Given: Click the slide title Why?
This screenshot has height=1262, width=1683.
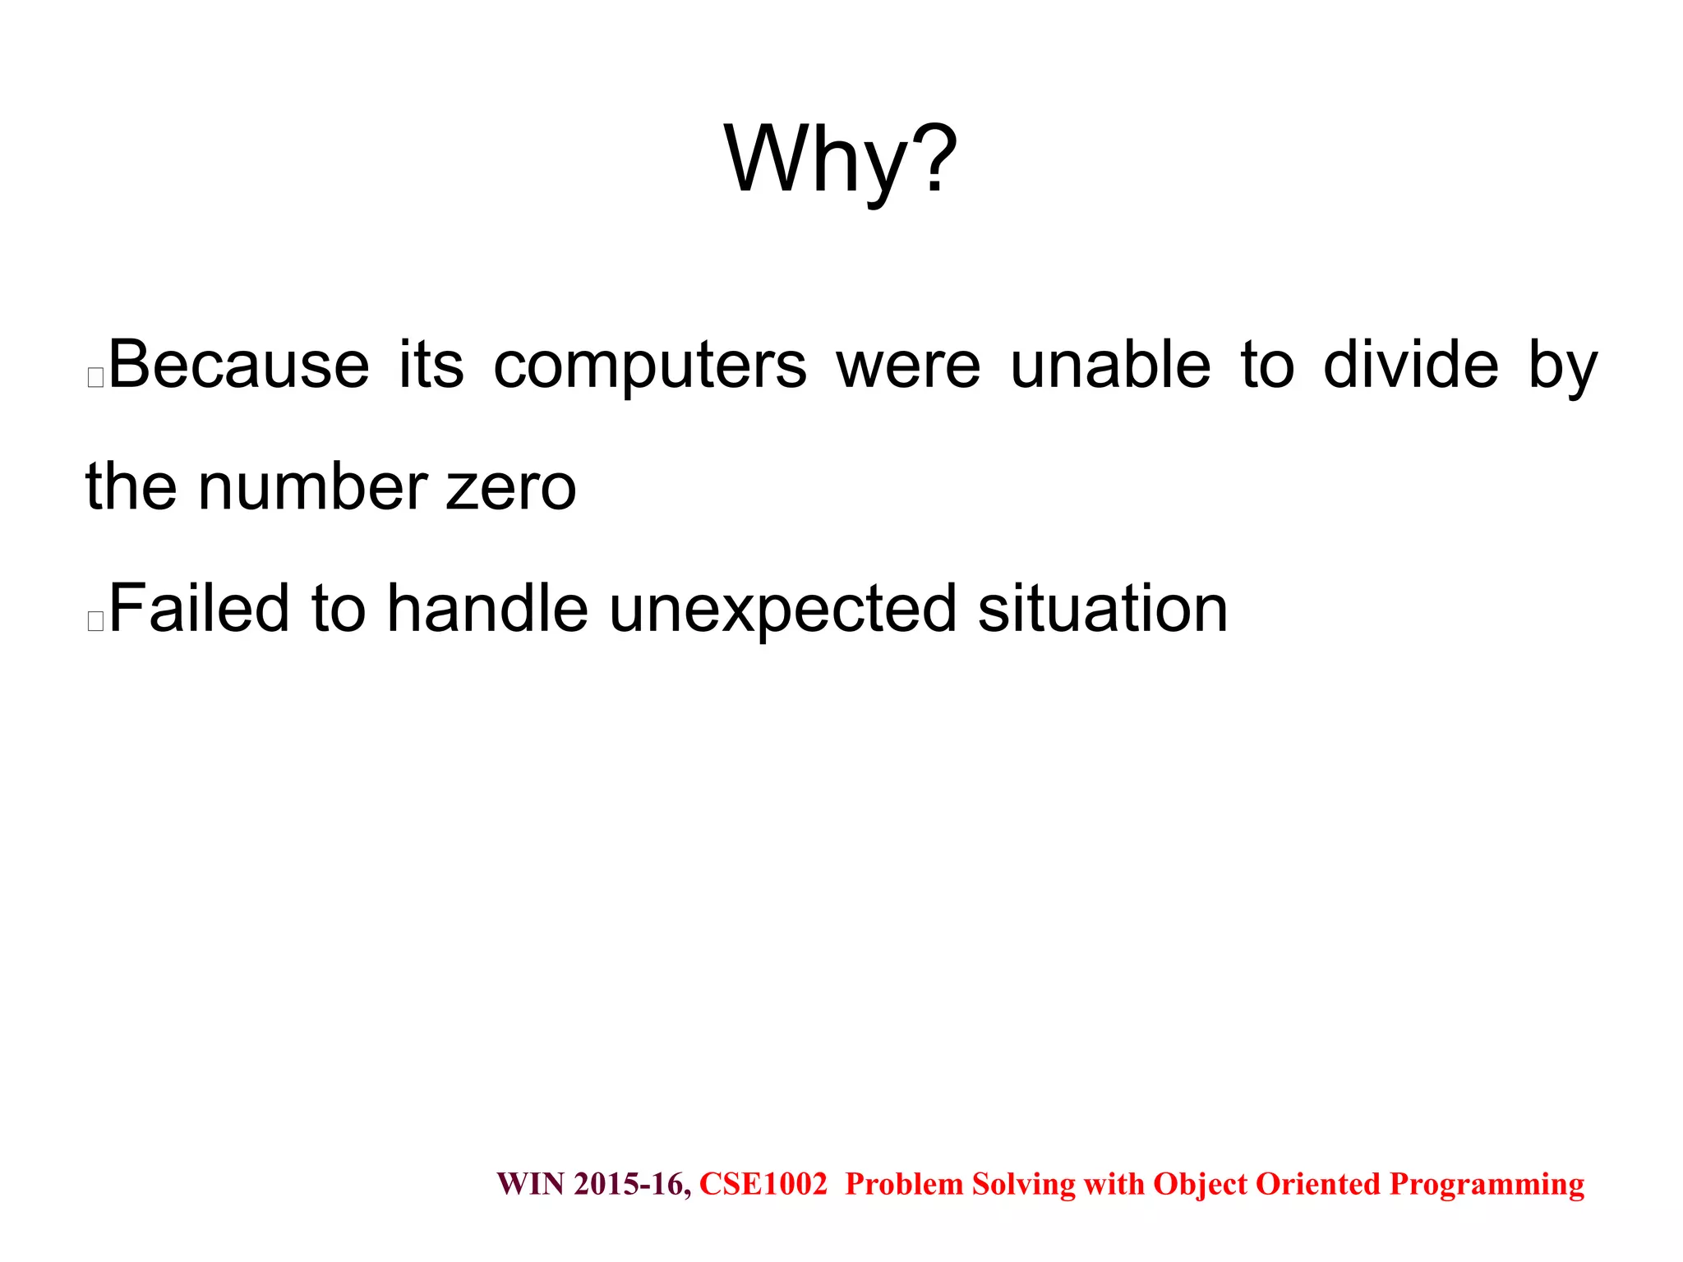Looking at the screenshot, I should pos(840,160).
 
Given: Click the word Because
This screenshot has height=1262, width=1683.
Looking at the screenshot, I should pos(239,365).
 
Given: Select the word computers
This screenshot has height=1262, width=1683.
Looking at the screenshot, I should pos(650,366).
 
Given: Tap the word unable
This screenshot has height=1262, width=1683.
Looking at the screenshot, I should pos(1110,365).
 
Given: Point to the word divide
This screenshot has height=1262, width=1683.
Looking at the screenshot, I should pos(1411,365).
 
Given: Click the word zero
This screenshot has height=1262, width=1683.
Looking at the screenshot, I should pos(510,488).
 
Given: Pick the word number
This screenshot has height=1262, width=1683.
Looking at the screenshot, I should pos(313,486).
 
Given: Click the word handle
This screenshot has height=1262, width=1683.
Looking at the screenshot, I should pos(487,609).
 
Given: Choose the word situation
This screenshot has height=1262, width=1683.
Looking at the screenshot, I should pos(1103,609).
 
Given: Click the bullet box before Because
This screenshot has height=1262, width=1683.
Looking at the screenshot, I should pos(95,378).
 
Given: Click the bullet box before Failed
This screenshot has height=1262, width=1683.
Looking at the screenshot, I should pos(95,621).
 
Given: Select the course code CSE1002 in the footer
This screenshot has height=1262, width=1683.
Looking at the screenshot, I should pos(763,1184).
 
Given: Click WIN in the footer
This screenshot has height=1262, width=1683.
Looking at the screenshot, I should pos(531,1184).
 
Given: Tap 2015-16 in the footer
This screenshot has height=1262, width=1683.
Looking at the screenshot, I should pos(632,1184).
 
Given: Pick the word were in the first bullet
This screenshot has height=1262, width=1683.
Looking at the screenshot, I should pos(908,366).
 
